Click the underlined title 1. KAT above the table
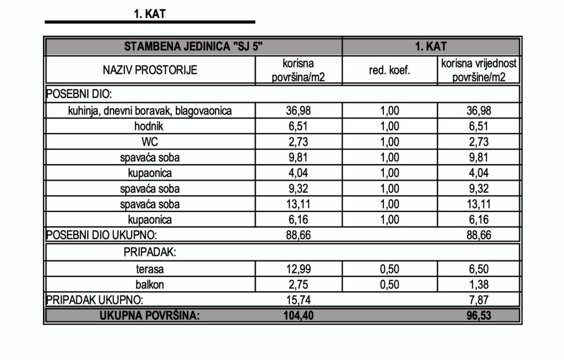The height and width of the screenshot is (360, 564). (149, 14)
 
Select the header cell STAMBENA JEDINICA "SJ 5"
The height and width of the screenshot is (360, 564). (193, 46)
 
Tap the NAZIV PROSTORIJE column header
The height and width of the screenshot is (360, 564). (150, 70)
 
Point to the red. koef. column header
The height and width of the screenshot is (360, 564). (389, 70)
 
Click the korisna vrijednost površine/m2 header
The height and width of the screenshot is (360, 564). (479, 70)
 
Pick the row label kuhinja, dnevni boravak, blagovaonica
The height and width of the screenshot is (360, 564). (150, 111)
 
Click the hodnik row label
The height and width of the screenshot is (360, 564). (150, 126)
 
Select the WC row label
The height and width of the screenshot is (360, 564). (150, 142)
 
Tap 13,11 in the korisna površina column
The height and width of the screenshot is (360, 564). (299, 204)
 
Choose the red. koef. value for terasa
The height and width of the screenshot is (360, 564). (389, 270)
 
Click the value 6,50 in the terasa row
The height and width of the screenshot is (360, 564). (479, 270)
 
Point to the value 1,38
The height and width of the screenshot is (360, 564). (479, 285)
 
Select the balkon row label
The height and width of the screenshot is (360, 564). (150, 285)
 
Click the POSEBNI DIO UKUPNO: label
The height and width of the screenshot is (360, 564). (101, 236)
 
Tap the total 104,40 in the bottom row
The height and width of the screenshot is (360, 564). (299, 316)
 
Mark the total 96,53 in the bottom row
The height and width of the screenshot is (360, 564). (479, 316)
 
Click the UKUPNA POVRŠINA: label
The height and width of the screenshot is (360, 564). (150, 316)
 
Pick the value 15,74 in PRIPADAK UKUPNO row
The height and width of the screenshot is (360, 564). (299, 301)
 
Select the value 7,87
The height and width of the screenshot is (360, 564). (479, 301)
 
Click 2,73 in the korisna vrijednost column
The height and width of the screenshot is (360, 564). (479, 142)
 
